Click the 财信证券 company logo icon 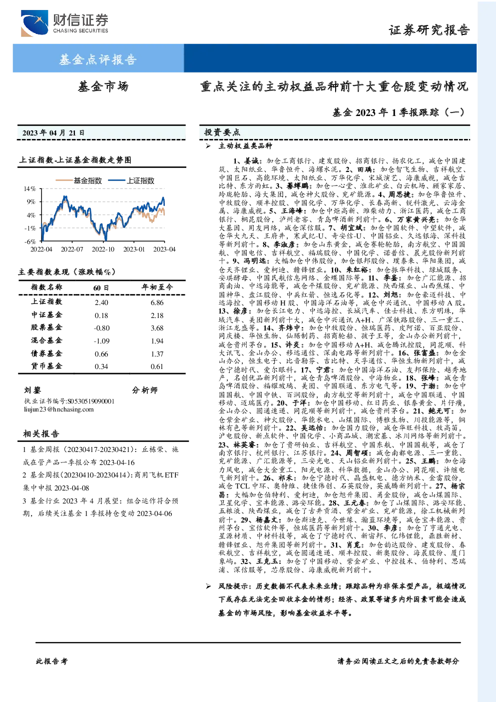coord(34,23)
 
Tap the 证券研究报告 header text coord(429,30)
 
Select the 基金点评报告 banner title coord(98,59)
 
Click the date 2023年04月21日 coord(53,133)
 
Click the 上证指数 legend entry coord(131,180)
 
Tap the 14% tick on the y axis coord(30,188)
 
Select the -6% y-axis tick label coord(30,241)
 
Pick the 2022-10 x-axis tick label coord(103,249)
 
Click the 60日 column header coord(101,287)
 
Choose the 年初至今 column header coord(157,287)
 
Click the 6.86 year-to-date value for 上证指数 coord(157,302)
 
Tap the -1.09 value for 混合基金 coord(102,341)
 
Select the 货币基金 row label coord(46,366)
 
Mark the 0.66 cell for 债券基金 coord(101,354)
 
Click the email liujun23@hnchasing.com coord(59,409)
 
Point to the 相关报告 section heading coord(41,433)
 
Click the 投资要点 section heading coord(222,132)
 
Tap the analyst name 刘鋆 coord(32,390)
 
